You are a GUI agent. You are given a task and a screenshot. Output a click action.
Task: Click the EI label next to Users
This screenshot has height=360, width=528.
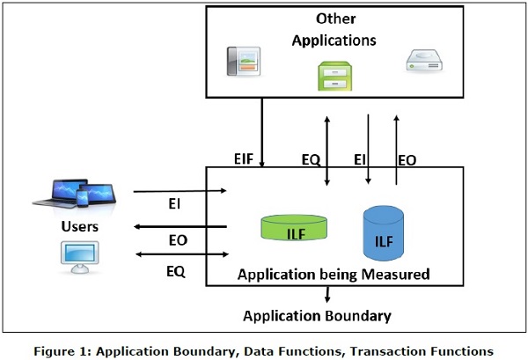coord(175,204)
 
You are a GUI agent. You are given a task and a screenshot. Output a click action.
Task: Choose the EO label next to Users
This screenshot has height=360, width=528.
coord(177,239)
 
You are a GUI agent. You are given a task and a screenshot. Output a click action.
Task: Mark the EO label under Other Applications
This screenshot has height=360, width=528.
coord(407,161)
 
